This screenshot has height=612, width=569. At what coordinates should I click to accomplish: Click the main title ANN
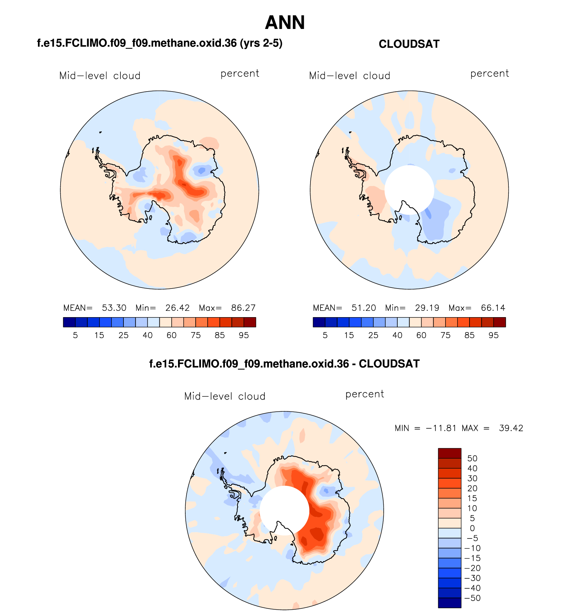[x=285, y=23]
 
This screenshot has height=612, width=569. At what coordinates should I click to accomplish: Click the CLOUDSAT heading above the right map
[x=409, y=44]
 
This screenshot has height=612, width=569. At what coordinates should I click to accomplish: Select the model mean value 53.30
[x=114, y=308]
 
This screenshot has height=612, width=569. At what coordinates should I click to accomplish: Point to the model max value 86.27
[x=243, y=308]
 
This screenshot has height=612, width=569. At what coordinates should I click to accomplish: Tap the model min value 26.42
[x=177, y=308]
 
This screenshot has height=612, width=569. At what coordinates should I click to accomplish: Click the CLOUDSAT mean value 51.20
[x=364, y=308]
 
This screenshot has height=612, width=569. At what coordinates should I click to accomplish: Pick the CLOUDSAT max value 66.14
[x=493, y=308]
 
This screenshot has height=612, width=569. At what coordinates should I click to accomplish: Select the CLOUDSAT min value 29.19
[x=427, y=308]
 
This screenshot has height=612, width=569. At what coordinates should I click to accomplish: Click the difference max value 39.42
[x=511, y=428]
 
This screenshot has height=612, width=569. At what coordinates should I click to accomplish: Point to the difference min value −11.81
[x=441, y=428]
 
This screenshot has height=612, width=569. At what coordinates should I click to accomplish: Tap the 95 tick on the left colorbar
[x=244, y=335]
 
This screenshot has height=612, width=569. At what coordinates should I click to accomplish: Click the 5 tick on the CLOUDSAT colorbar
[x=325, y=335]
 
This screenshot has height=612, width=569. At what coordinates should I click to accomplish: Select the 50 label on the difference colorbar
[x=472, y=458]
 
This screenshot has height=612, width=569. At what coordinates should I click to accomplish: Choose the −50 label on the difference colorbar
[x=473, y=598]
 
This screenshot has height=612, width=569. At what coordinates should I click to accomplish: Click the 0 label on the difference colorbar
[x=472, y=528]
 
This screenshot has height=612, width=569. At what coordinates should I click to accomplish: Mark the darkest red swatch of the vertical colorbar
[x=450, y=453]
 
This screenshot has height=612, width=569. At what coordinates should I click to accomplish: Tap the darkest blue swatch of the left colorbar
[x=69, y=322]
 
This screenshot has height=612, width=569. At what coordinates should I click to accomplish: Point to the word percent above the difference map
[x=365, y=394]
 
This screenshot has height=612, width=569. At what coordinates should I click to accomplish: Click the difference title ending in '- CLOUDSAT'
[x=284, y=364]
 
